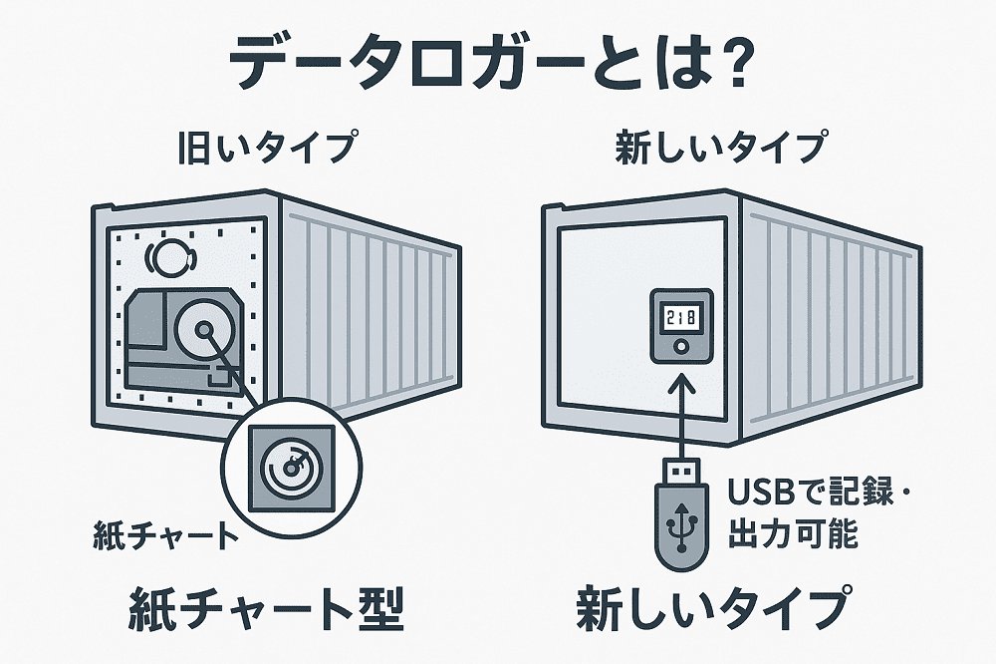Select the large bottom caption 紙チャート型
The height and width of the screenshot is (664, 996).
[x=266, y=610]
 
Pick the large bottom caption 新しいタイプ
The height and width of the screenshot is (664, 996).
[x=713, y=610]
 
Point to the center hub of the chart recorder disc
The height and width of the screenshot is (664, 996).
[x=202, y=330]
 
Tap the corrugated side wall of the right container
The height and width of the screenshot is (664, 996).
[x=827, y=319]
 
